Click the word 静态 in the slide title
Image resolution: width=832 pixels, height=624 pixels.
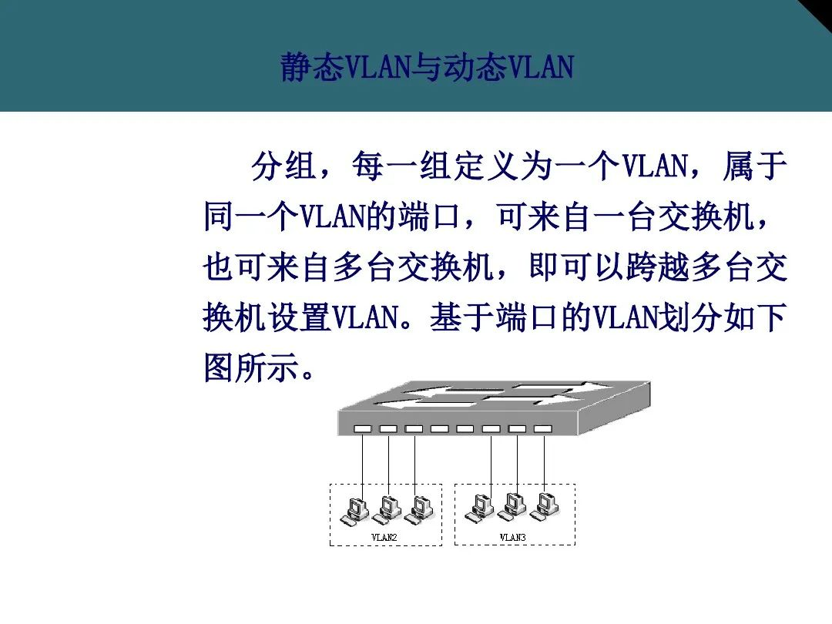(313, 67)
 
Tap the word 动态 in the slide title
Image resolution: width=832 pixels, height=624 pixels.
(475, 67)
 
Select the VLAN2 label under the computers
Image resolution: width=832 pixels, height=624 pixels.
(384, 537)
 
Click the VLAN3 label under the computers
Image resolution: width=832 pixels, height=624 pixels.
(512, 537)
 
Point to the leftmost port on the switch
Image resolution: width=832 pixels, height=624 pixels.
(363, 428)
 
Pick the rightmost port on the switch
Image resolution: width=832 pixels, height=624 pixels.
(543, 428)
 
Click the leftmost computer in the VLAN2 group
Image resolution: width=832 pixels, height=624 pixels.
(354, 511)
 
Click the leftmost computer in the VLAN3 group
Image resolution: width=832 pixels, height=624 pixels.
(479, 508)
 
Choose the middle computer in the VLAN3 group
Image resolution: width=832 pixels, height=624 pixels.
(512, 507)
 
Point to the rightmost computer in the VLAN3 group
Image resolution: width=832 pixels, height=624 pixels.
(545, 507)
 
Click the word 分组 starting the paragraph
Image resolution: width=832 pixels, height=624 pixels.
(283, 166)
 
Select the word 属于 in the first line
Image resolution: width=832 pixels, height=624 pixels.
(754, 166)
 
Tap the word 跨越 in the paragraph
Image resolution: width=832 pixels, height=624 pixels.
(657, 267)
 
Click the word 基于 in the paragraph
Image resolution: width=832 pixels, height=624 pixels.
(461, 317)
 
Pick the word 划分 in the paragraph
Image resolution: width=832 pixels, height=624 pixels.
(689, 317)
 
